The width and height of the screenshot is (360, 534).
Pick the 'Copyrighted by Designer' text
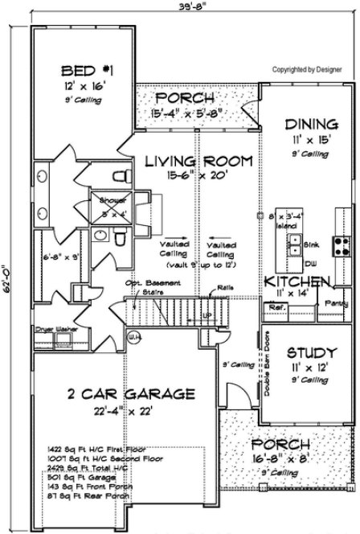coord(307,69)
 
